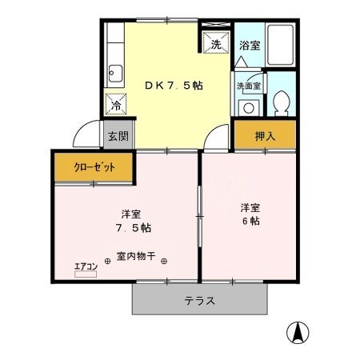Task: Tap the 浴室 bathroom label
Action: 250,46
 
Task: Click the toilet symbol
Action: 281,101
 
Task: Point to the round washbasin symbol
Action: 249,106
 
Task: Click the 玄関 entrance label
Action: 118,135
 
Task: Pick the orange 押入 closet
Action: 265,136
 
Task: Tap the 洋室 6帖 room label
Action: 250,214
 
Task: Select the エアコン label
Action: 86,265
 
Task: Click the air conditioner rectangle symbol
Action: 85,274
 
